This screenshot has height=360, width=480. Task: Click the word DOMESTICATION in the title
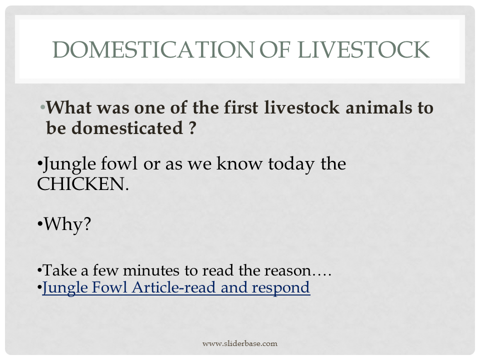pos(153,49)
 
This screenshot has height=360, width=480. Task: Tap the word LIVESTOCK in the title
pos(363,49)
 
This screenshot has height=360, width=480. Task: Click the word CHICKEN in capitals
pos(82,184)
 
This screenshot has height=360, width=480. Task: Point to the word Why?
pos(67,224)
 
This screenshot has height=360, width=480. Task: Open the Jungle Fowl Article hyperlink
pos(176,287)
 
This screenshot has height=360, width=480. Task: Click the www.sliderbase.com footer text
pos(240,343)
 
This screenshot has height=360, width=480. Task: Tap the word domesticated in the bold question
pos(114,127)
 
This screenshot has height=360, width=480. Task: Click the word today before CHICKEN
pos(291,164)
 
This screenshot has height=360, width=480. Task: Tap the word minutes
pos(151,270)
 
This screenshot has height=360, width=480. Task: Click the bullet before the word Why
pos(40,224)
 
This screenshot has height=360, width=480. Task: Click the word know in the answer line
pos(239,163)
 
